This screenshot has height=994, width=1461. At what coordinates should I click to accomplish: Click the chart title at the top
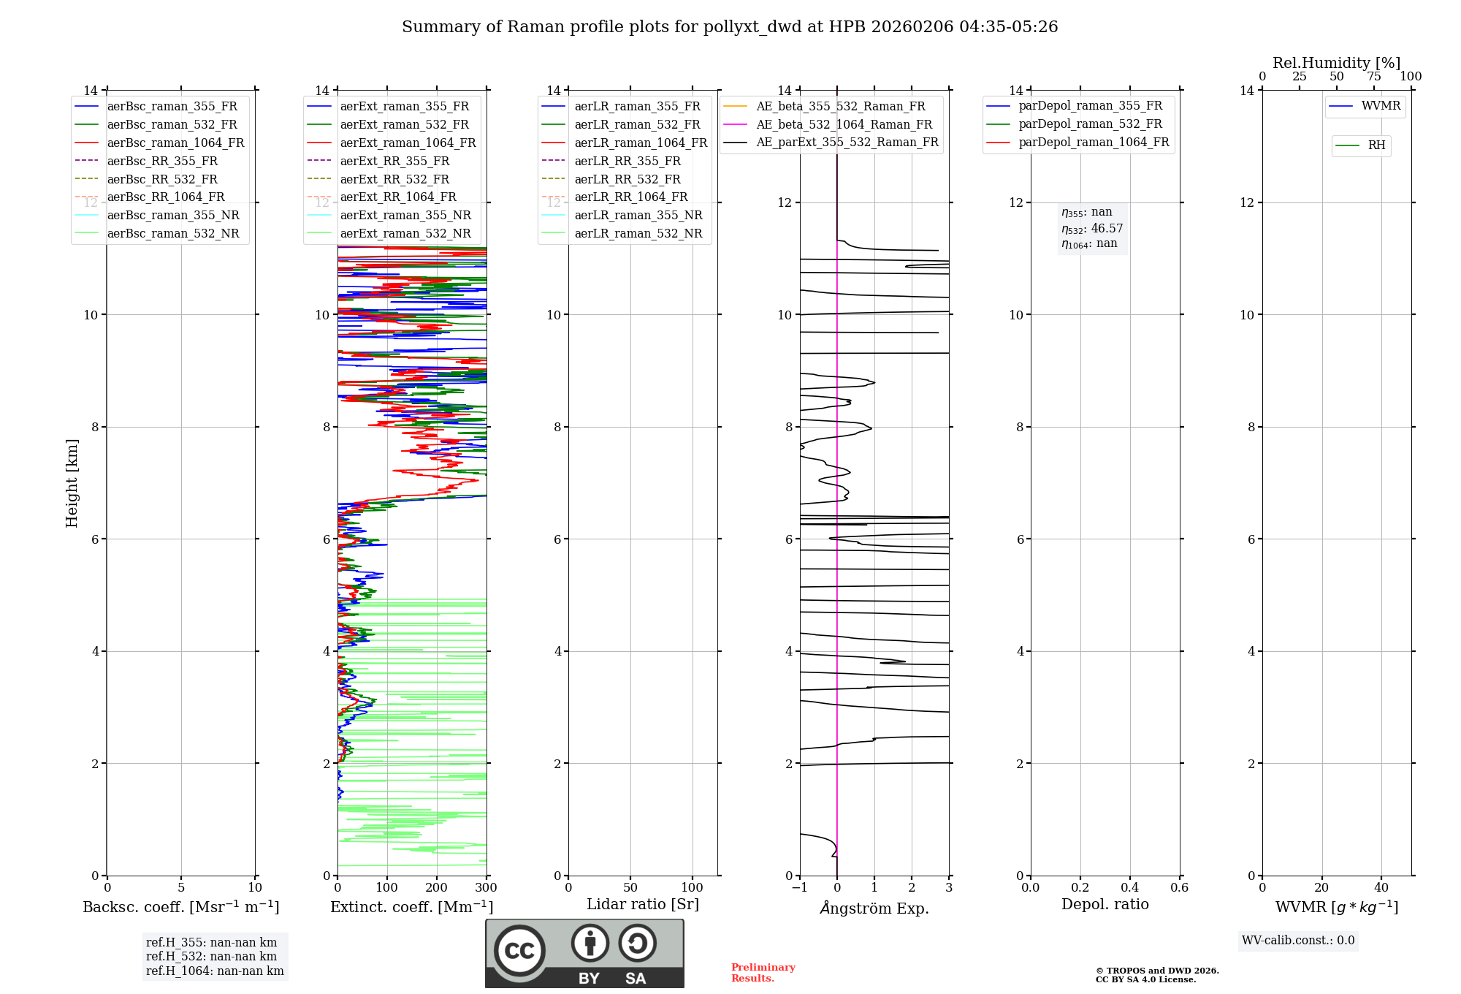730,27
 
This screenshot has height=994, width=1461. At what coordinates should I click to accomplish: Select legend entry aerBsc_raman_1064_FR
175,143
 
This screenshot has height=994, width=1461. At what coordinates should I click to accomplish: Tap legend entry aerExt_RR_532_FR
394,179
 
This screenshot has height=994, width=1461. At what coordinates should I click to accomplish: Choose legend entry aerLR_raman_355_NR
638,215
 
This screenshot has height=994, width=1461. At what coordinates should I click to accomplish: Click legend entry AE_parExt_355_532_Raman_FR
847,142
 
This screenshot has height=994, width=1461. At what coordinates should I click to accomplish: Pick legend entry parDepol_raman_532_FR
1090,124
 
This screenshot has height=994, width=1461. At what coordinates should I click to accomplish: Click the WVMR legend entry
1381,106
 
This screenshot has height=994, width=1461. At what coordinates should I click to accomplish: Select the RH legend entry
1376,145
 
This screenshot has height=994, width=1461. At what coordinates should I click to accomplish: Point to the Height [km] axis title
72,483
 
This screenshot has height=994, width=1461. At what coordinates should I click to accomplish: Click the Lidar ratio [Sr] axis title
643,904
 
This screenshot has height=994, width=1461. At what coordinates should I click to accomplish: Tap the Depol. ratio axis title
1105,904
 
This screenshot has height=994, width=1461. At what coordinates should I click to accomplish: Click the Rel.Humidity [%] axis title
1336,63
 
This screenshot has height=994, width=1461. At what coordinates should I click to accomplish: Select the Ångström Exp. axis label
874,908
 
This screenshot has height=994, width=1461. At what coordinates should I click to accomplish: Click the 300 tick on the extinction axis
486,888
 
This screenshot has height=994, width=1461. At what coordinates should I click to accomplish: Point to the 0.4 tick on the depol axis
1129,888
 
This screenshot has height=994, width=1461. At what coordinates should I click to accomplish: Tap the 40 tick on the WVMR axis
1381,888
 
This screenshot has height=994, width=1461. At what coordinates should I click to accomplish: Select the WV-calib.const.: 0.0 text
1298,941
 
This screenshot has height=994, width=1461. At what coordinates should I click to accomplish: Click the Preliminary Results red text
763,973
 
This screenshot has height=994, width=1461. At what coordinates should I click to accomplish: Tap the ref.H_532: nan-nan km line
211,957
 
